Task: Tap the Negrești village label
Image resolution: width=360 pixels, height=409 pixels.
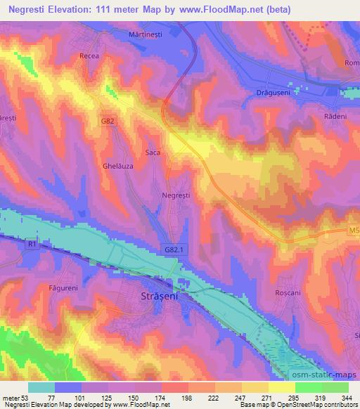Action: pos(176,196)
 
